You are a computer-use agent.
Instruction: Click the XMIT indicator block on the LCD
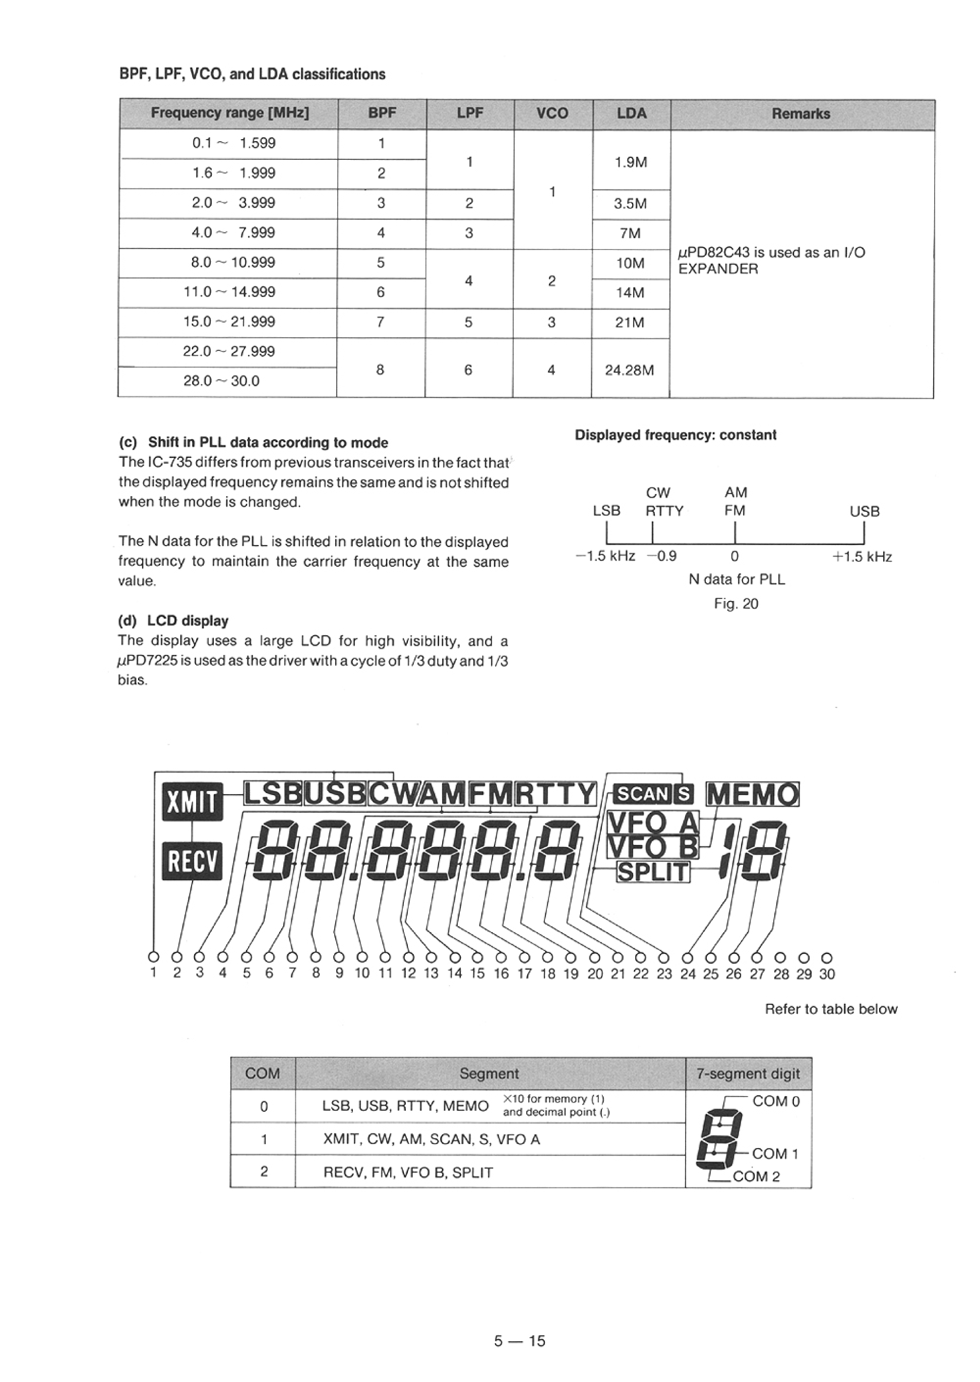(x=192, y=802)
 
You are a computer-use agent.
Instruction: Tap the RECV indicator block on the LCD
(x=192, y=862)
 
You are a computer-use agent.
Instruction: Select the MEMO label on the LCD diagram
(x=753, y=794)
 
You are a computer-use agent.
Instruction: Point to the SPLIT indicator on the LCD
(x=653, y=872)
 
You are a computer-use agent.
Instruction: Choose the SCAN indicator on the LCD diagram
(x=641, y=794)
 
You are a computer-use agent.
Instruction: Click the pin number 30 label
(x=827, y=974)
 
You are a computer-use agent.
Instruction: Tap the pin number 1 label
(x=153, y=972)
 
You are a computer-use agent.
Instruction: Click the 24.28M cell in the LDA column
(x=630, y=370)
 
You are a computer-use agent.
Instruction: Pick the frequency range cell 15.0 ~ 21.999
(x=229, y=322)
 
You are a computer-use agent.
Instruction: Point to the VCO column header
(x=552, y=113)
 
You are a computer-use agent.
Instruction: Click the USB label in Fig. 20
(x=864, y=512)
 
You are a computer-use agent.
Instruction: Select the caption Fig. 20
(x=736, y=604)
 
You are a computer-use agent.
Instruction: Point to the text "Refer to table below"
(x=831, y=1009)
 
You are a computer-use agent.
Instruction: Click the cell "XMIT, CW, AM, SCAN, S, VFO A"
(x=432, y=1139)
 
